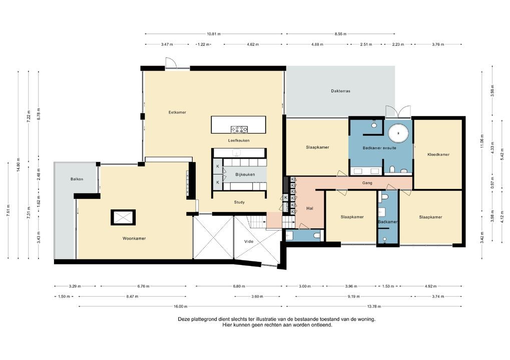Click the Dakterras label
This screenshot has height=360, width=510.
tap(340, 91)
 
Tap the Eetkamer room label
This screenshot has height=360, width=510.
tap(177, 112)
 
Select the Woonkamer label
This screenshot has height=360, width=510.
tap(134, 238)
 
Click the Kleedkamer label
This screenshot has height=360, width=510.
tap(438, 154)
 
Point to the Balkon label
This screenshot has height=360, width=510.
tap(77, 179)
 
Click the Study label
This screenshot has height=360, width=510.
tap(239, 202)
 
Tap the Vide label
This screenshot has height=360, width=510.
tap(248, 241)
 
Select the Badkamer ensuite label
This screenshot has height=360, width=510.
tap(379, 147)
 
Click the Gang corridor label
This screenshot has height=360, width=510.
tap(367, 183)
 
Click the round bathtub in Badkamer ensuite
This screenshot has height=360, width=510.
tap(399, 133)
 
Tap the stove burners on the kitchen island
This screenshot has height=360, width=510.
tap(239, 129)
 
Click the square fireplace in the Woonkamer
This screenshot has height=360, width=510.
tap(123, 217)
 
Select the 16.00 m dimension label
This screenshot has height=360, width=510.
tap(180, 306)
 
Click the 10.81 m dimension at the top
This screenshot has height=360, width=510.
tap(214, 34)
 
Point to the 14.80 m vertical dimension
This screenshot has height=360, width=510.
tap(19, 168)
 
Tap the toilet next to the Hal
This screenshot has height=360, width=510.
tap(315, 235)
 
